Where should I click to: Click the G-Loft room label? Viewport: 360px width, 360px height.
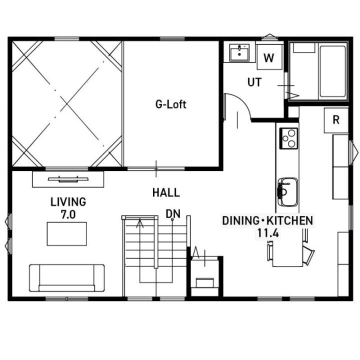171,104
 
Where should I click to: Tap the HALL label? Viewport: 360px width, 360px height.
166,192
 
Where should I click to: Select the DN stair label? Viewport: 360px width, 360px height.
173,214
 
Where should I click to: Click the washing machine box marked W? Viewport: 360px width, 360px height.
269,57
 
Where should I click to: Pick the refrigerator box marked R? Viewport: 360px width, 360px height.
336,120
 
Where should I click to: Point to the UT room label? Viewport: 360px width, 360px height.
254,82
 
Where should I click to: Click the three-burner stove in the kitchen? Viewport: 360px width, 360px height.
288,138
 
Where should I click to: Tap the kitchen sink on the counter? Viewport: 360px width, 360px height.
287,192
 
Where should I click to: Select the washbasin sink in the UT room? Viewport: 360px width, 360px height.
239,53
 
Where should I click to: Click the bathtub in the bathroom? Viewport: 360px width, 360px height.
332,71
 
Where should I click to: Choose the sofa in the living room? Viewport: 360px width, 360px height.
66,278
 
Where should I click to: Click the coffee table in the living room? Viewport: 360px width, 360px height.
67,233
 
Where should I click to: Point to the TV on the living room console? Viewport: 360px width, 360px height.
68,179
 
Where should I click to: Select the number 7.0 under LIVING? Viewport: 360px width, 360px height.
68,215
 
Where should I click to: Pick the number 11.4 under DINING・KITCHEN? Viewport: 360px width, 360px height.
268,233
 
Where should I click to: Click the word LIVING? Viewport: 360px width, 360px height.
68,202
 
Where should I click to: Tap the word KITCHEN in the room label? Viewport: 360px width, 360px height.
289,220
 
